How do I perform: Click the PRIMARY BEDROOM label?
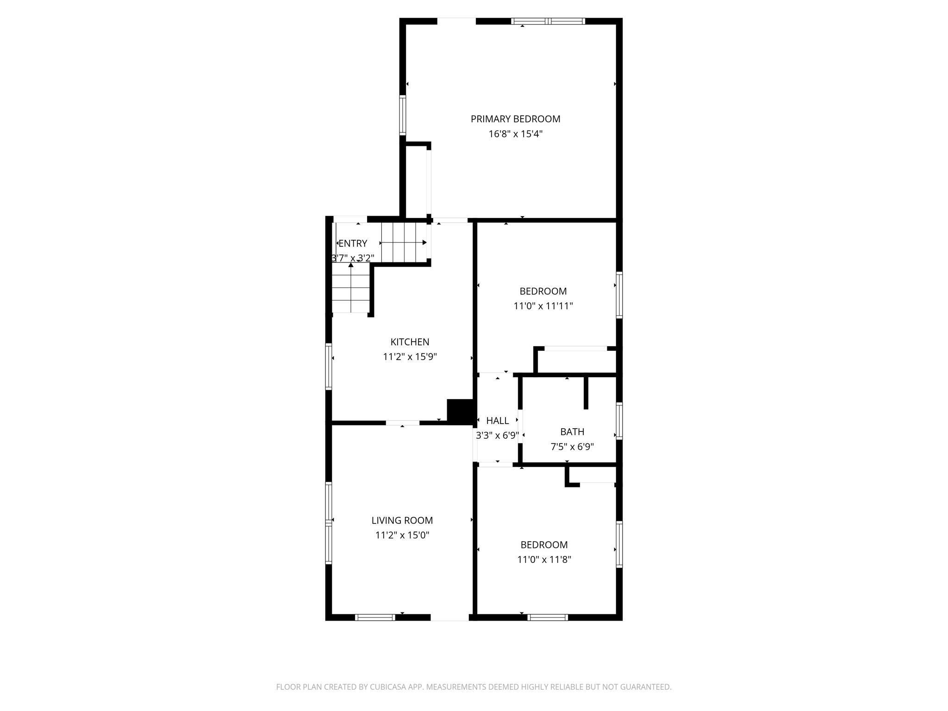click(515, 119)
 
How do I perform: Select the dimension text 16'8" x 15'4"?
click(515, 134)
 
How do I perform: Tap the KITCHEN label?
click(410, 342)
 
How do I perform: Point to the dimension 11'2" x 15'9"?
click(410, 357)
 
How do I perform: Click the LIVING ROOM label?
click(402, 520)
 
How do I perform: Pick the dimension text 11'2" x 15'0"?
click(402, 536)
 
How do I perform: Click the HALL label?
click(498, 421)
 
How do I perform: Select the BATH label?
click(572, 432)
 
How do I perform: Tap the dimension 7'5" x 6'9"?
click(572, 447)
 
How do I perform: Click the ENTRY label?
click(353, 243)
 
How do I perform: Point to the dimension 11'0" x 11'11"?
click(543, 306)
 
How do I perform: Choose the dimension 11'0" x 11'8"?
click(544, 560)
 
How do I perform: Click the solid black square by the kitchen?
click(460, 411)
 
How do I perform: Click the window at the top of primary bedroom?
click(548, 21)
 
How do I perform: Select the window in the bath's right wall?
click(619, 421)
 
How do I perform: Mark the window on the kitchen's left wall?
click(329, 367)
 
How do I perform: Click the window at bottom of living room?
click(375, 617)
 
